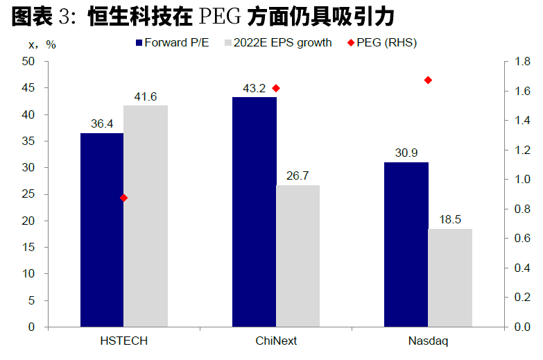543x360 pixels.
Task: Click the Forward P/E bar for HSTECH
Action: [102, 229]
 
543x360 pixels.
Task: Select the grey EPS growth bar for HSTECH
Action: [145, 215]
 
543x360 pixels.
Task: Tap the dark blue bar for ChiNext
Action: [254, 212]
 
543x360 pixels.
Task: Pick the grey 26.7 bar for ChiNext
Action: [298, 255]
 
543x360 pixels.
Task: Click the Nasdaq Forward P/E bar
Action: [406, 244]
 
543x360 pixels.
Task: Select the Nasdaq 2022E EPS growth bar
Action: [450, 277]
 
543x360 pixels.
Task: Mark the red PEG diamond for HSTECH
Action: [124, 198]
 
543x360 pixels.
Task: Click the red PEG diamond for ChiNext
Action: [276, 88]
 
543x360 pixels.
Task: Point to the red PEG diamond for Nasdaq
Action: [428, 80]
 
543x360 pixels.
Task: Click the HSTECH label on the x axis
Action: [124, 341]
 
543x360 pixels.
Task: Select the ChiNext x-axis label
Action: [276, 341]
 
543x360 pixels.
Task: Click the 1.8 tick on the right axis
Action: [522, 62]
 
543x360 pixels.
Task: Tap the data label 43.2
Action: [254, 89]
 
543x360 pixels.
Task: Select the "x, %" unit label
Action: [42, 44]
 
